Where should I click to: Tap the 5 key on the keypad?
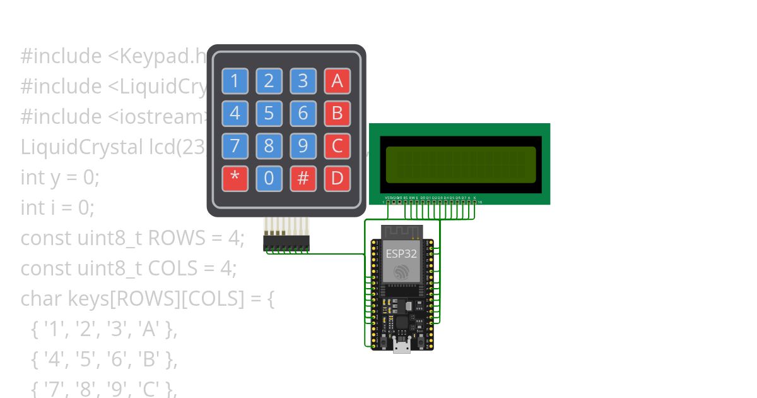coord(269,114)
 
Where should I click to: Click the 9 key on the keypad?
coord(303,147)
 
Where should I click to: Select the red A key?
coord(337,81)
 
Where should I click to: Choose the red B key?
coord(337,114)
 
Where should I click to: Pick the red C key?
coord(337,147)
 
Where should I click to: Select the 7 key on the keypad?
coord(235,147)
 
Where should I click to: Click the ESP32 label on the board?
coord(401,254)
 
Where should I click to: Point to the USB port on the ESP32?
coord(401,345)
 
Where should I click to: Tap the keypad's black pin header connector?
coord(286,244)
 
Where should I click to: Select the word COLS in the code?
coord(174,268)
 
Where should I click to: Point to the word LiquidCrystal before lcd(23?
coord(82,147)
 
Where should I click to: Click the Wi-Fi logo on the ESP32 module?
coord(401,272)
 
